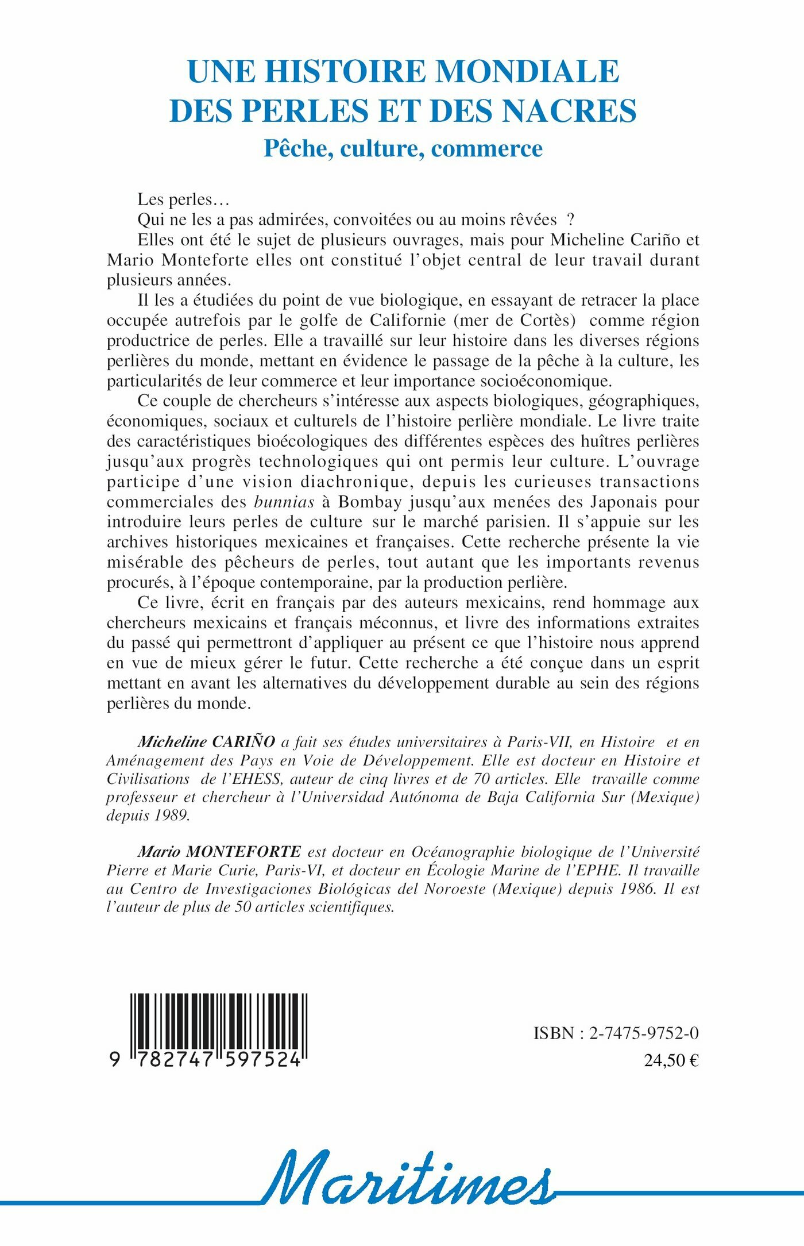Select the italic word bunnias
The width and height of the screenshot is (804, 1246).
pyautogui.click(x=284, y=502)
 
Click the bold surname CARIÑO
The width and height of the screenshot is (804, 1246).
pyautogui.click(x=243, y=742)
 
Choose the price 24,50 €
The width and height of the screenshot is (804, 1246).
pyautogui.click(x=671, y=1060)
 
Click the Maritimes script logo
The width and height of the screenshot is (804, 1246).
pyautogui.click(x=408, y=1177)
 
